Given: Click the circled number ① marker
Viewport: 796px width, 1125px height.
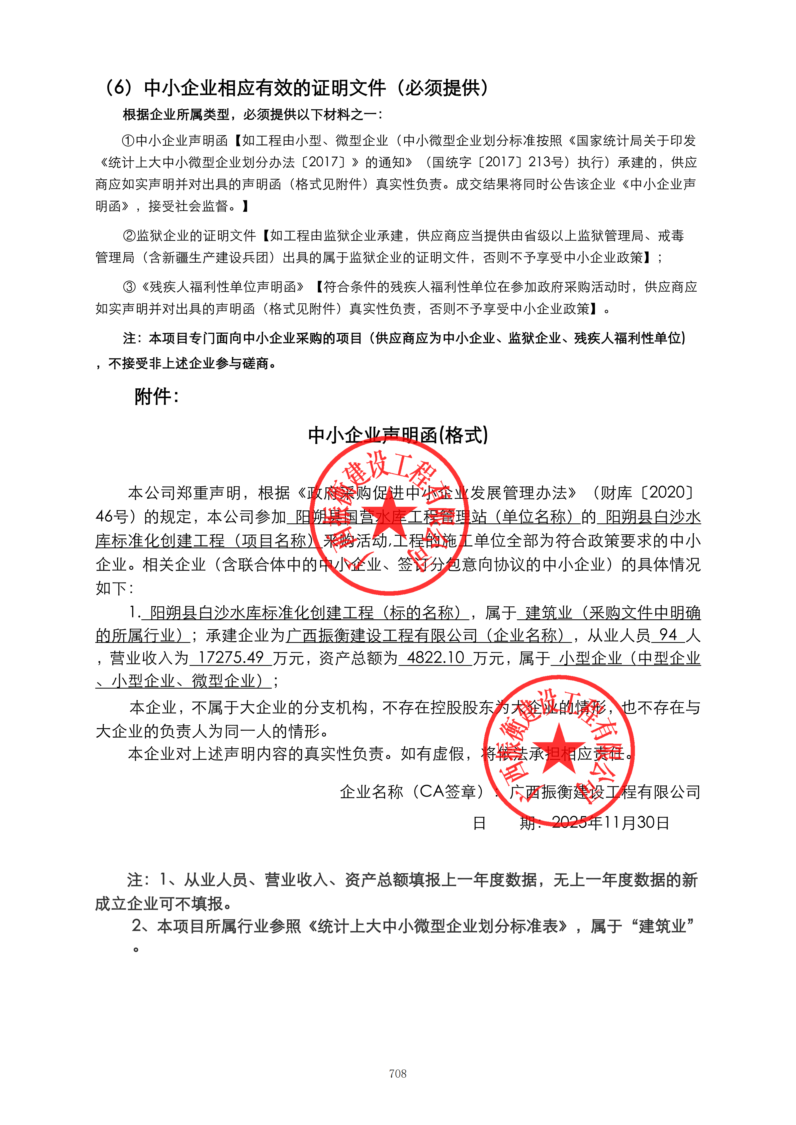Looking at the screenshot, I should [x=128, y=141].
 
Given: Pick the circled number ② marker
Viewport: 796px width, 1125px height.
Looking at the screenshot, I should [x=129, y=236].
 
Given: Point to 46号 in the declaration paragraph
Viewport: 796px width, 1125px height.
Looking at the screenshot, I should [x=112, y=516].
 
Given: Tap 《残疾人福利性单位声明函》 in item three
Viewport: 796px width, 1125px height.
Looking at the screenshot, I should [x=223, y=287].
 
